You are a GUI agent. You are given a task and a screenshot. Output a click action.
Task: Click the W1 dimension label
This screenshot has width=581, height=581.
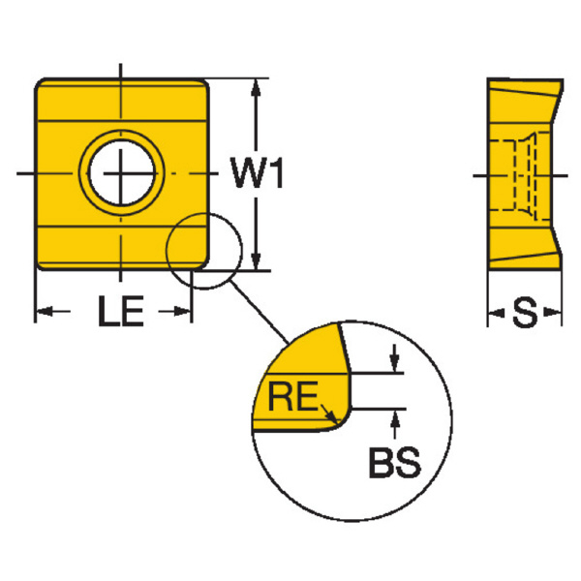tap(257, 173)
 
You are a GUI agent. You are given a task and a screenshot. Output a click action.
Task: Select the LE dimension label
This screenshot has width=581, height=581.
tap(121, 311)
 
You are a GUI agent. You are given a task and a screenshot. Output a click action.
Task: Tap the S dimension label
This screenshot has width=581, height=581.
tap(525, 313)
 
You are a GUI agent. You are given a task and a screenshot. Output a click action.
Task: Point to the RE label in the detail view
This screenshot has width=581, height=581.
tap(293, 396)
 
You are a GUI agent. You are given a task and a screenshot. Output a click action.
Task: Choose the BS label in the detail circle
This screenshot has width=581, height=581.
tap(395, 463)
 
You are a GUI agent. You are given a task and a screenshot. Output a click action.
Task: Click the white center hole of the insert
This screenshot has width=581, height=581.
tap(122, 173)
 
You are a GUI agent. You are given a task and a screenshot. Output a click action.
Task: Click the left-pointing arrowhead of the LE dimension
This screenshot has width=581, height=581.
tap(45, 312)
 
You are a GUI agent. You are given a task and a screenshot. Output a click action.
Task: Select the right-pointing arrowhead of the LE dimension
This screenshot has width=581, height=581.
tap(182, 312)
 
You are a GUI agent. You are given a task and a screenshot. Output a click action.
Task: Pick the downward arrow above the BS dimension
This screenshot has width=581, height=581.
tap(395, 358)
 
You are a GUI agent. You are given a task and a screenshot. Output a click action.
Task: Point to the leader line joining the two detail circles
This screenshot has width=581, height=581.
tap(259, 313)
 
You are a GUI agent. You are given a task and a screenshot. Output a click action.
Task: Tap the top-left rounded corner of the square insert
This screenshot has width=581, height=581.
tap(40, 83)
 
